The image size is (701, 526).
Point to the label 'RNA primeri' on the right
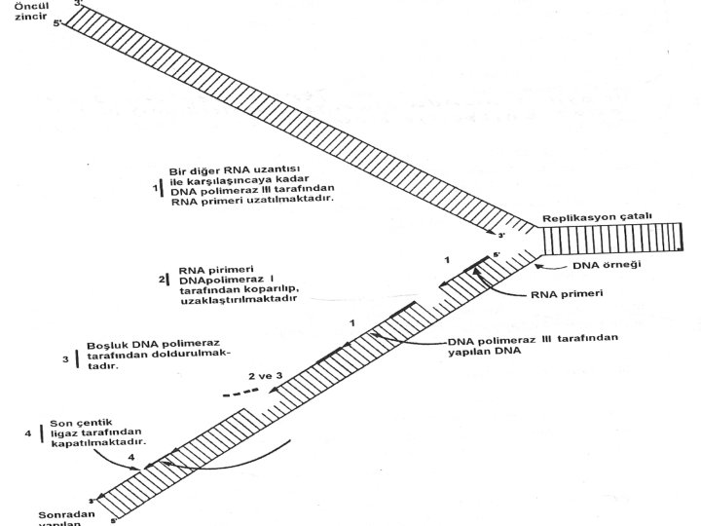(568, 292)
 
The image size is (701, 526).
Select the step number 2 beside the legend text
(162, 280)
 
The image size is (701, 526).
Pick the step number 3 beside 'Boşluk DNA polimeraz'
(65, 357)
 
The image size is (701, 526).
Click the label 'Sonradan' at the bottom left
(65, 513)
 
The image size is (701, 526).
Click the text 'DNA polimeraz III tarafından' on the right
(532, 340)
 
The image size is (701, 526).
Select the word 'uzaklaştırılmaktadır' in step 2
(238, 300)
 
